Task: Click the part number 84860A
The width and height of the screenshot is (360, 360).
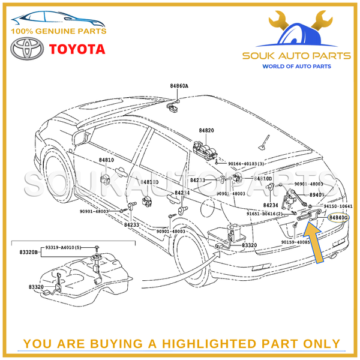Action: [x=178, y=86]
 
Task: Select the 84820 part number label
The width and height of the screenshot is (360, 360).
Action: [x=206, y=130]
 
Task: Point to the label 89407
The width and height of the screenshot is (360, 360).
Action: [x=316, y=196]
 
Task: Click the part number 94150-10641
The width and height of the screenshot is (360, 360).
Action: [x=338, y=206]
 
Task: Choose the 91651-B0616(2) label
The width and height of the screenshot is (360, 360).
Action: [x=265, y=213]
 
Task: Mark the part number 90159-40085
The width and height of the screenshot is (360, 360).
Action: [x=296, y=242]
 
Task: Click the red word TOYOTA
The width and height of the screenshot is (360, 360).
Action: [x=76, y=49]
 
